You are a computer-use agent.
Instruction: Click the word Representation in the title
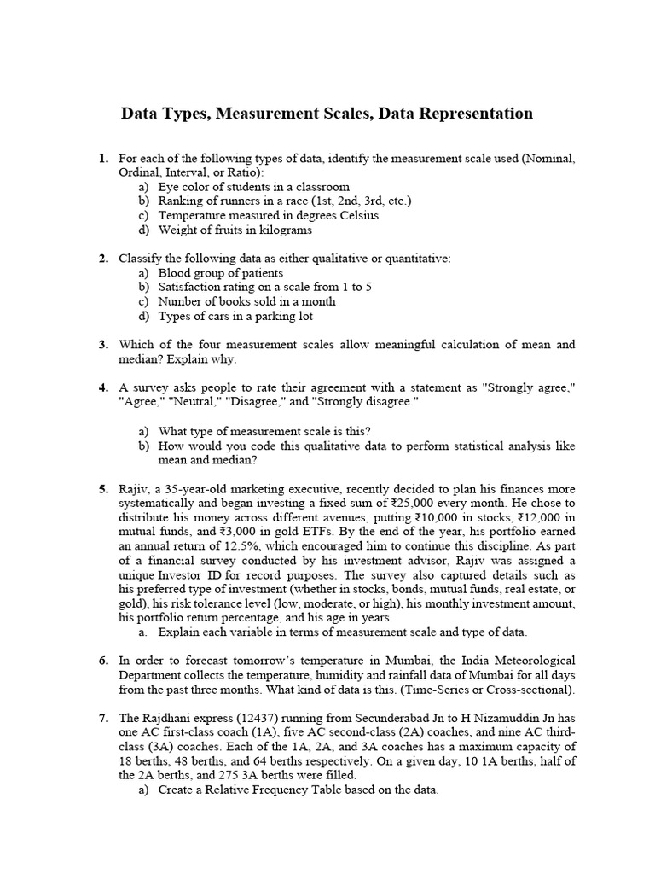(467, 114)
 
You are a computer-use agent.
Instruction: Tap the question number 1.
(102, 159)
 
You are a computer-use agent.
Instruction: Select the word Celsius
(356, 215)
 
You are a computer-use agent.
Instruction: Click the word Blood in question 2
(173, 272)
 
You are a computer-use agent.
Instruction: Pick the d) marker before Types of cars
(143, 316)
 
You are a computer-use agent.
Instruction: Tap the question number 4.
(102, 387)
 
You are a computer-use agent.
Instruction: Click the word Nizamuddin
(510, 719)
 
